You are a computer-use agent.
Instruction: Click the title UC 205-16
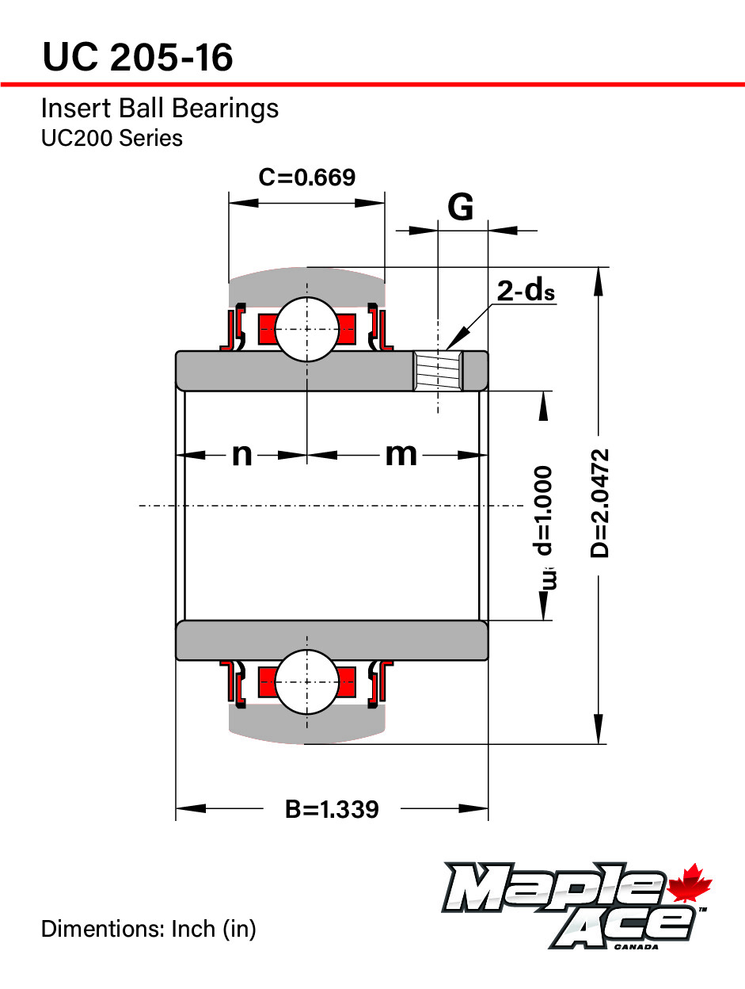[x=138, y=57]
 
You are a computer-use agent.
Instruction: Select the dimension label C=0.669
[x=306, y=177]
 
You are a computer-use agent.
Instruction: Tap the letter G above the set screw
[x=461, y=207]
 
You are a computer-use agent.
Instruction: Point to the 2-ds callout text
[x=526, y=292]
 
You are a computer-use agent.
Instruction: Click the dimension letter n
[x=241, y=455]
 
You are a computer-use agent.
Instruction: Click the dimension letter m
[x=401, y=455]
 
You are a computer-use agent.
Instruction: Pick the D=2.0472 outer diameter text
[x=602, y=503]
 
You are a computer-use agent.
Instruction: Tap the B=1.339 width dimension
[x=332, y=809]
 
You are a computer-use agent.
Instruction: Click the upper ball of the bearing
[x=306, y=328]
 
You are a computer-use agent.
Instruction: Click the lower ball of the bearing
[x=306, y=682]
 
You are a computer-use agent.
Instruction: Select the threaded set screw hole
[x=438, y=372]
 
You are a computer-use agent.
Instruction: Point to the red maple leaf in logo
[x=690, y=884]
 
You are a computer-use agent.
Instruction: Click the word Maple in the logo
[x=554, y=888]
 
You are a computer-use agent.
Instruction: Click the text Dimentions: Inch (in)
[x=148, y=929]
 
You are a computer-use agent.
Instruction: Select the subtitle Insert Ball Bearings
[x=159, y=108]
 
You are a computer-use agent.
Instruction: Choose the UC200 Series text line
[x=112, y=138]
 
